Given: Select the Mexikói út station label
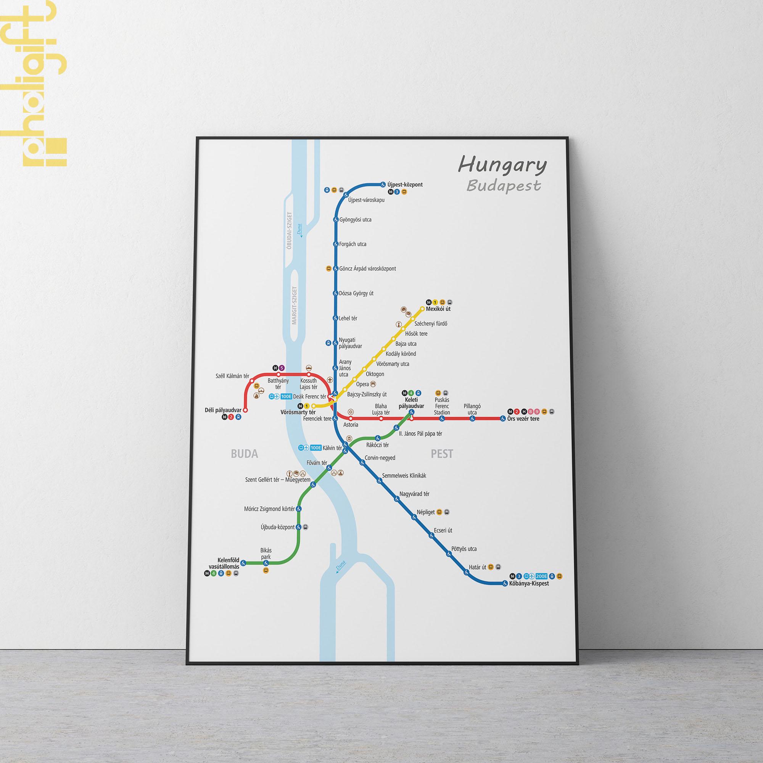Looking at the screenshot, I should click(x=439, y=309).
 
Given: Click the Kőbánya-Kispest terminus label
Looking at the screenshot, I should click(x=529, y=583).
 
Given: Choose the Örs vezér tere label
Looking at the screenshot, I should click(x=523, y=419).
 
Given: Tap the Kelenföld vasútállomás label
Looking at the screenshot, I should click(x=229, y=563).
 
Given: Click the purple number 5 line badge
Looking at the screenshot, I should click(x=282, y=368).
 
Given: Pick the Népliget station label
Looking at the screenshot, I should click(x=426, y=512).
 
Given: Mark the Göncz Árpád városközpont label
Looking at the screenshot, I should click(x=367, y=269).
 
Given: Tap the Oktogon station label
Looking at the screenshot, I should click(x=375, y=373).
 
